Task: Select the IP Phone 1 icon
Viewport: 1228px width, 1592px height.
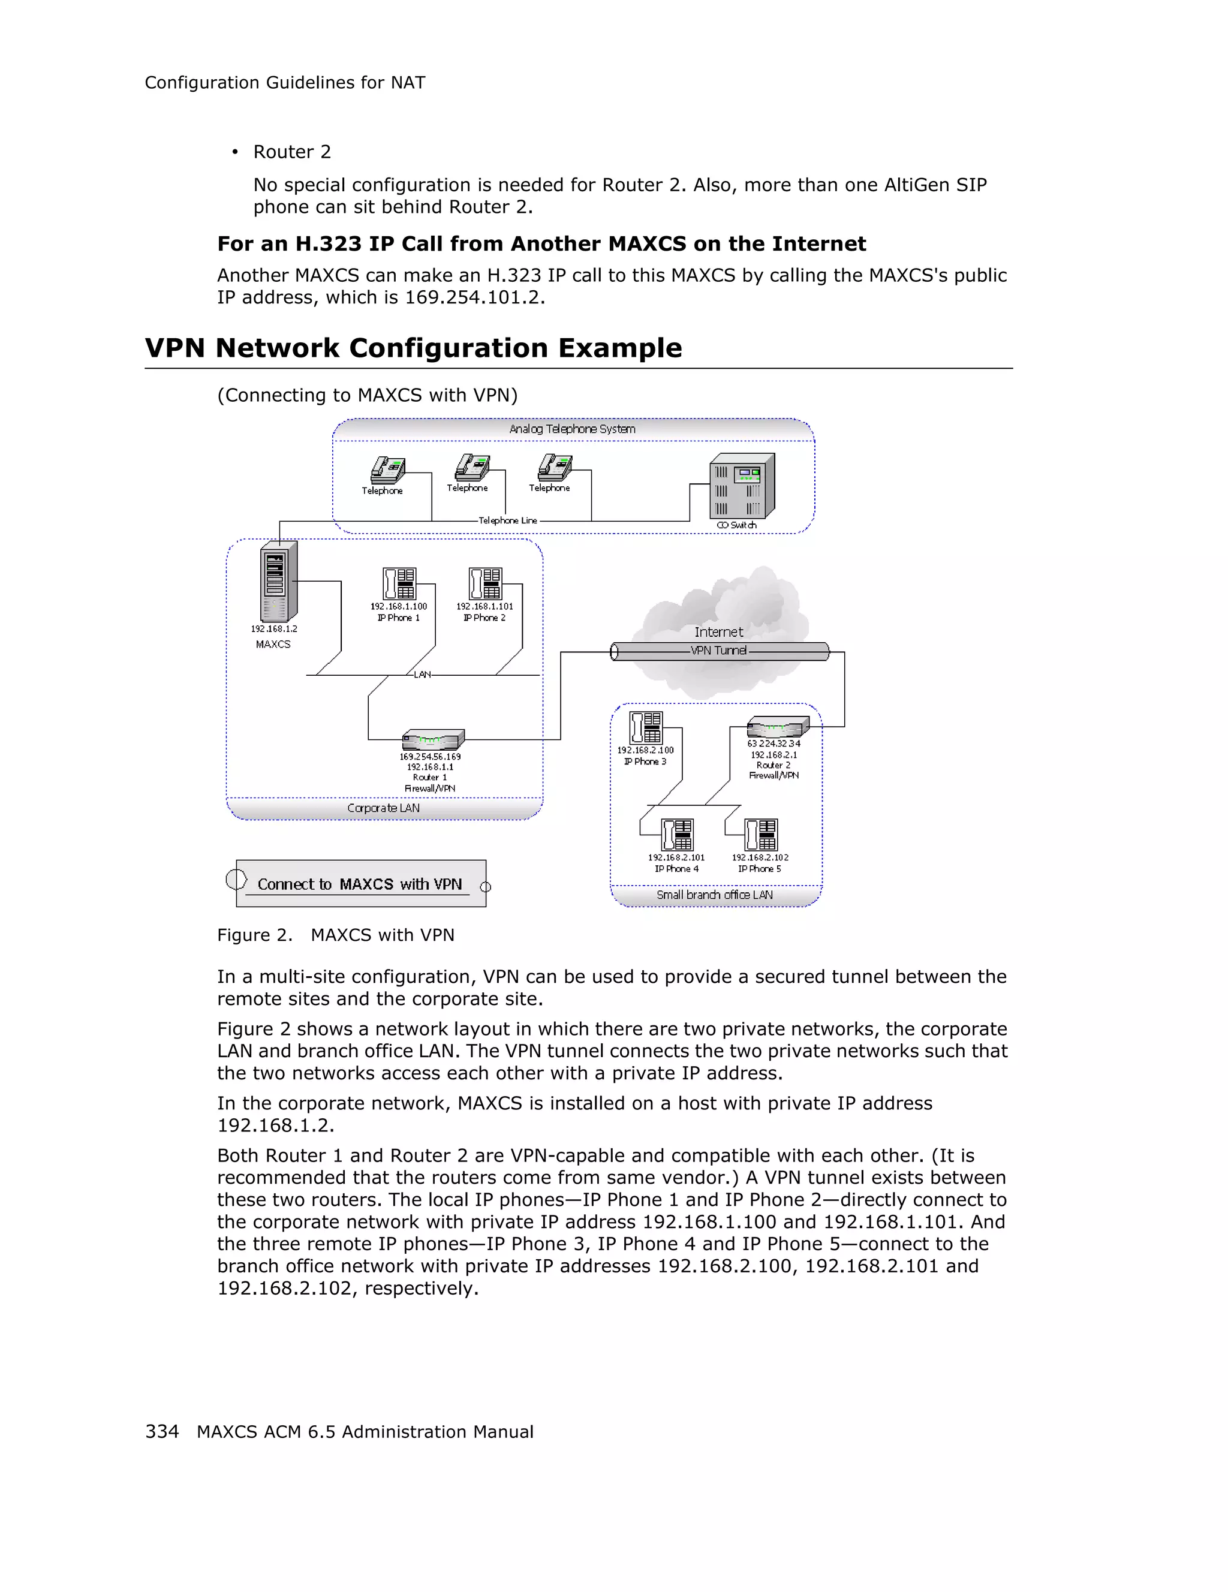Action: click(399, 584)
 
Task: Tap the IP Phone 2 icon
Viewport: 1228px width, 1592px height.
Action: click(484, 584)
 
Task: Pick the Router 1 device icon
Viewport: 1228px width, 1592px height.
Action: click(432, 740)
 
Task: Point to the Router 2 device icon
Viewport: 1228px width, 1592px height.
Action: click(778, 727)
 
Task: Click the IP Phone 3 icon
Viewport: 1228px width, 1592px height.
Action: click(646, 727)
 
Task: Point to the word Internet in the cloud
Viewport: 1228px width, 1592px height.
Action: click(718, 632)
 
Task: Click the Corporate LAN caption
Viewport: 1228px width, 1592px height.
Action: click(383, 808)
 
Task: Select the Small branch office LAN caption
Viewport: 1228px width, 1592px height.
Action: click(714, 895)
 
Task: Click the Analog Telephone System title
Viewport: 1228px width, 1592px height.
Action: click(572, 429)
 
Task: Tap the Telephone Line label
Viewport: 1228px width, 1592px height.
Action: click(507, 520)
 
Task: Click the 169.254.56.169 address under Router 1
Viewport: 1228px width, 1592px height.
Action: click(430, 757)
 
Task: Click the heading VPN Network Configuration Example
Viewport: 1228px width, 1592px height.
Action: click(413, 348)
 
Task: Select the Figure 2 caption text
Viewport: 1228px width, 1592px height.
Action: click(335, 935)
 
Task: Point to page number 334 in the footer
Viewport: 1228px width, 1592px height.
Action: click(162, 1432)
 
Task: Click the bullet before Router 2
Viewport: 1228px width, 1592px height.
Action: click(234, 152)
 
